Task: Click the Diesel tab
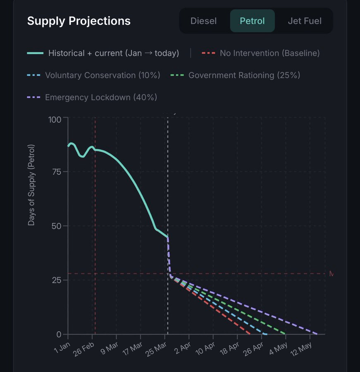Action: [203, 21]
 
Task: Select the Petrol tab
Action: [252, 21]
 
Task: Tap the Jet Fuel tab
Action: [305, 21]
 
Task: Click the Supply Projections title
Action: [79, 21]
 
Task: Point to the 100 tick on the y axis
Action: [55, 119]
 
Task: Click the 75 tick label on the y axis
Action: [57, 172]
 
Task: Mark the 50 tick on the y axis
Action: [57, 226]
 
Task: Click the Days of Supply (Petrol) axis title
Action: [31, 185]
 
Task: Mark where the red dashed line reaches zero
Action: [250, 334]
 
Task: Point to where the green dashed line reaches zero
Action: [285, 334]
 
